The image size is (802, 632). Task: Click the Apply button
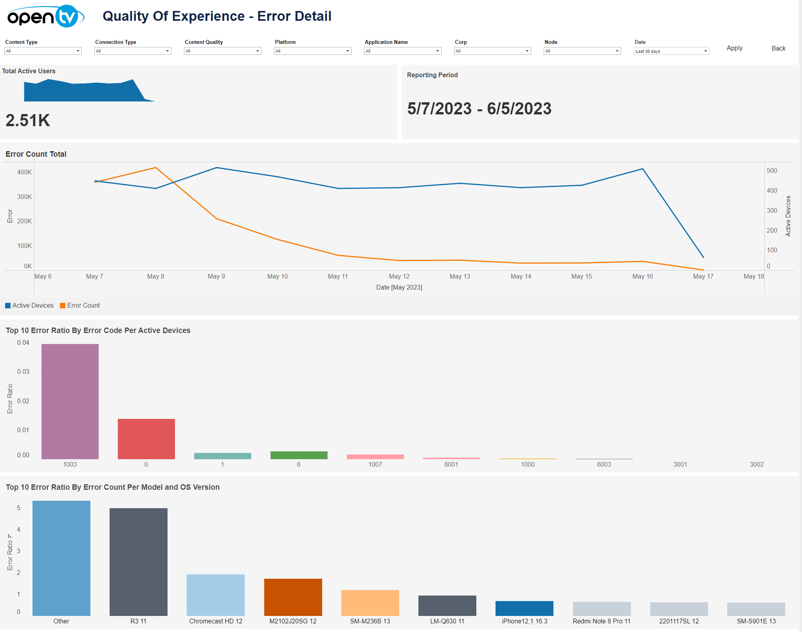(x=734, y=48)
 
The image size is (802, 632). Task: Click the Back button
(x=778, y=49)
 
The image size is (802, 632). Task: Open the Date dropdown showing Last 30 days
(x=671, y=51)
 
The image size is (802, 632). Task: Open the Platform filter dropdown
(x=312, y=51)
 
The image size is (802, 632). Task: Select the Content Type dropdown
(x=43, y=51)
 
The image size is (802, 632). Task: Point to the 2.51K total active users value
(x=28, y=120)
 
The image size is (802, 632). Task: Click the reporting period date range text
(x=479, y=109)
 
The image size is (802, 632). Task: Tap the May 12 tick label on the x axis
(x=399, y=277)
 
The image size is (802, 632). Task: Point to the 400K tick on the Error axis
(x=24, y=172)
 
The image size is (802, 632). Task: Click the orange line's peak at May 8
(x=156, y=168)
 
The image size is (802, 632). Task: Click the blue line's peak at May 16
(x=642, y=169)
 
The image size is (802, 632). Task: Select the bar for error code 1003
(x=70, y=401)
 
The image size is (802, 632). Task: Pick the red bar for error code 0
(x=146, y=439)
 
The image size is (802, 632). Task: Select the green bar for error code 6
(x=299, y=455)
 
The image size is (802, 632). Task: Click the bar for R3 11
(x=139, y=562)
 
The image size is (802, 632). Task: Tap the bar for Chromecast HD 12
(x=216, y=595)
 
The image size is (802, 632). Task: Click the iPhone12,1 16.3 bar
(x=524, y=608)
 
